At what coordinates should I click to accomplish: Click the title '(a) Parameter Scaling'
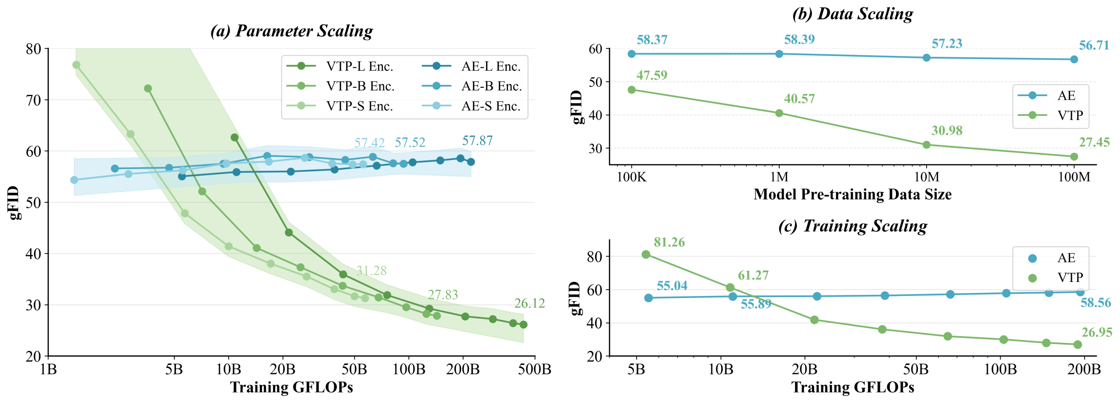[x=291, y=31]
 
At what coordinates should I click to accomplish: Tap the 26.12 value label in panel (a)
[x=529, y=303]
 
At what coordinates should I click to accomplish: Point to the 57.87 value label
[x=477, y=141]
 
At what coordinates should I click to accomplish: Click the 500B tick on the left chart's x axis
[x=535, y=369]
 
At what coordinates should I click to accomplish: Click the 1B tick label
[x=48, y=369]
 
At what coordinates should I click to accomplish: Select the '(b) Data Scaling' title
[x=853, y=14]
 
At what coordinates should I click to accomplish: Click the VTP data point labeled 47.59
[x=632, y=90]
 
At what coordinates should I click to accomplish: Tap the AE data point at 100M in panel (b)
[x=1074, y=59]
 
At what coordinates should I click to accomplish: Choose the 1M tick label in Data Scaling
[x=779, y=177]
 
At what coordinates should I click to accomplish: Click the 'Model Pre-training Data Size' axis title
[x=852, y=195]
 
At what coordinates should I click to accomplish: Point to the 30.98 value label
[x=947, y=131]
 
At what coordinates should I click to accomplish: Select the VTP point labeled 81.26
[x=646, y=254]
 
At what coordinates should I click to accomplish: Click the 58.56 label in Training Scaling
[x=1095, y=303]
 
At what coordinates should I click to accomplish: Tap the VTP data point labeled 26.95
[x=1078, y=345]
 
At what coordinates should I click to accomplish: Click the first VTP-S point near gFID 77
[x=76, y=65]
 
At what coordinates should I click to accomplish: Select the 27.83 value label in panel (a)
[x=443, y=295]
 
